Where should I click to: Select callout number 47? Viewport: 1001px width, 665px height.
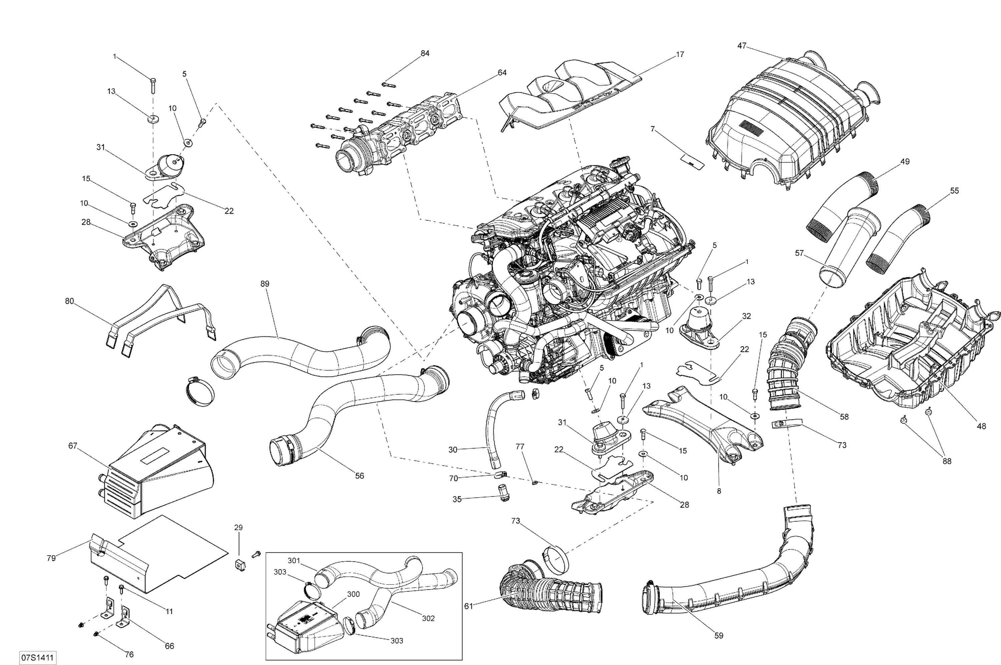click(x=742, y=46)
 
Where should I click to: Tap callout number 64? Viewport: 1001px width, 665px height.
click(x=502, y=73)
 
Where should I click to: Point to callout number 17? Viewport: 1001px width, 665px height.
click(x=680, y=54)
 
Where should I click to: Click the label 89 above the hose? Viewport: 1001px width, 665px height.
click(x=265, y=284)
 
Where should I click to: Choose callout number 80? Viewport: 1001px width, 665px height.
click(x=69, y=301)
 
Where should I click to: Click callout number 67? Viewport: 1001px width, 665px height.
click(x=73, y=445)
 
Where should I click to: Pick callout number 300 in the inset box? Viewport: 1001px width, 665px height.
click(x=353, y=594)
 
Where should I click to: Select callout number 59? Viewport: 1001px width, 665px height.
click(x=718, y=648)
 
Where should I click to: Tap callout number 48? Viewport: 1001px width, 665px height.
click(x=981, y=426)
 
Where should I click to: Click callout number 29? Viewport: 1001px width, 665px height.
click(x=238, y=528)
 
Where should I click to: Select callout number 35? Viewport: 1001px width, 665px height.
click(x=456, y=500)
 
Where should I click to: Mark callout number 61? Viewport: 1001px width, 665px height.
click(x=468, y=606)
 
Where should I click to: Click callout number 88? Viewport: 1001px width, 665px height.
click(x=947, y=461)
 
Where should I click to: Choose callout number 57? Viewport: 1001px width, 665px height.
click(x=799, y=253)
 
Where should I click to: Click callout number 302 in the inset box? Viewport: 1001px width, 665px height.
click(x=428, y=618)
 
